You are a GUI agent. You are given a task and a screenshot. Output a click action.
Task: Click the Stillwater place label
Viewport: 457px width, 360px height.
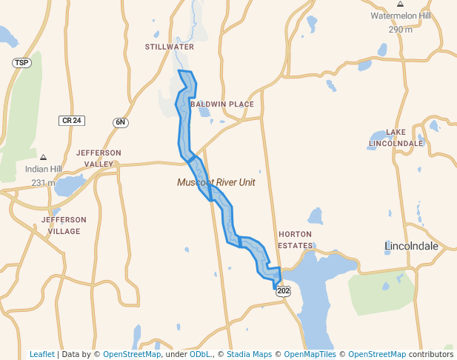[x=170, y=47]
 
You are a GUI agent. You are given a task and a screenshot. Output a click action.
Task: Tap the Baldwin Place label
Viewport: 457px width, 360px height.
[x=221, y=104]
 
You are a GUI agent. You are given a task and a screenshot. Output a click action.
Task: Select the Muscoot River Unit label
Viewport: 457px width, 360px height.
[x=216, y=182]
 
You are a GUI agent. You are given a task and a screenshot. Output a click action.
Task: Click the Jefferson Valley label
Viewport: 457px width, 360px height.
[x=99, y=159]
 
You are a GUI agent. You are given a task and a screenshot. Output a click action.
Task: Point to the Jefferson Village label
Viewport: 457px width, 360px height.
[x=64, y=226]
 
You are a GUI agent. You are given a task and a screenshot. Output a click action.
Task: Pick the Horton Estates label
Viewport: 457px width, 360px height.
[x=295, y=239]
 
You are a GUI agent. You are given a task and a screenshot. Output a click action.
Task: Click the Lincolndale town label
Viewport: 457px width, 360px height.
[x=411, y=245]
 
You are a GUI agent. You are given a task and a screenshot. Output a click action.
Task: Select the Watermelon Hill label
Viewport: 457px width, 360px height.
[x=400, y=16]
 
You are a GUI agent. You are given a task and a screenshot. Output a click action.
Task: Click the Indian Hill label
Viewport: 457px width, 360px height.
[x=43, y=169]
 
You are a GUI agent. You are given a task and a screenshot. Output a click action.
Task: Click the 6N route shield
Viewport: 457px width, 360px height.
[x=121, y=122]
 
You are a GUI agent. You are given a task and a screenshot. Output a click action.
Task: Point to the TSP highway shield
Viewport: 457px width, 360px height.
[x=21, y=63]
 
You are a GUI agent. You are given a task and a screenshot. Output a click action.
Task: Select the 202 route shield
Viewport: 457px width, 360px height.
[x=284, y=292]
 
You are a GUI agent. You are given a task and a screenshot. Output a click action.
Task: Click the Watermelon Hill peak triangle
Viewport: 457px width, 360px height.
[x=400, y=4]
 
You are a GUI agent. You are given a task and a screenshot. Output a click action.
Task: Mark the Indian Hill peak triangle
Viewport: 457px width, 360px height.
[x=43, y=157]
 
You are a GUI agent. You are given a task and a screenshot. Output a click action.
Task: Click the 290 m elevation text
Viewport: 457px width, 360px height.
[x=400, y=29]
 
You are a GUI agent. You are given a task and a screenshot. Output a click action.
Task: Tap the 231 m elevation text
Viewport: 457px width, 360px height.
[x=43, y=182]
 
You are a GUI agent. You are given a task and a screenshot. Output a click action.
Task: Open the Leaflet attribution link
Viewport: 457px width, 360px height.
[x=41, y=354]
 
